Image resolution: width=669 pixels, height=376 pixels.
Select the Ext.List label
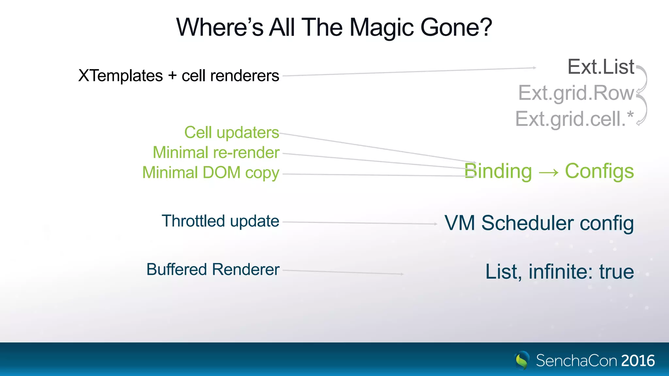601,67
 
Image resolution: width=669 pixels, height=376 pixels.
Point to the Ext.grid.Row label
576,93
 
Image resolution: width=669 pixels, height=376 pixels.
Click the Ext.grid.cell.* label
574,119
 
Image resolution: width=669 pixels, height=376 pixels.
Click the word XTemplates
121,76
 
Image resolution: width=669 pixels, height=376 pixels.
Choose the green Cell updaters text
232,133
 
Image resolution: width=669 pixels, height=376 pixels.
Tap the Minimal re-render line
216,152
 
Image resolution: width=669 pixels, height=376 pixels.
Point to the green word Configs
599,171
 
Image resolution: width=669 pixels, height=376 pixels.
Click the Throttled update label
220,221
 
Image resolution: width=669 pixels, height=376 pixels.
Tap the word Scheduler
527,223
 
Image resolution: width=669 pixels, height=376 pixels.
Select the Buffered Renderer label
213,270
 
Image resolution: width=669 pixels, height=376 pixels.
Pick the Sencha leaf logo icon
522,360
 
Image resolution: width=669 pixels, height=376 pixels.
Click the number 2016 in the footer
638,361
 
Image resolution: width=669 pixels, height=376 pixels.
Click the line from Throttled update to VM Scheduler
359,223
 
